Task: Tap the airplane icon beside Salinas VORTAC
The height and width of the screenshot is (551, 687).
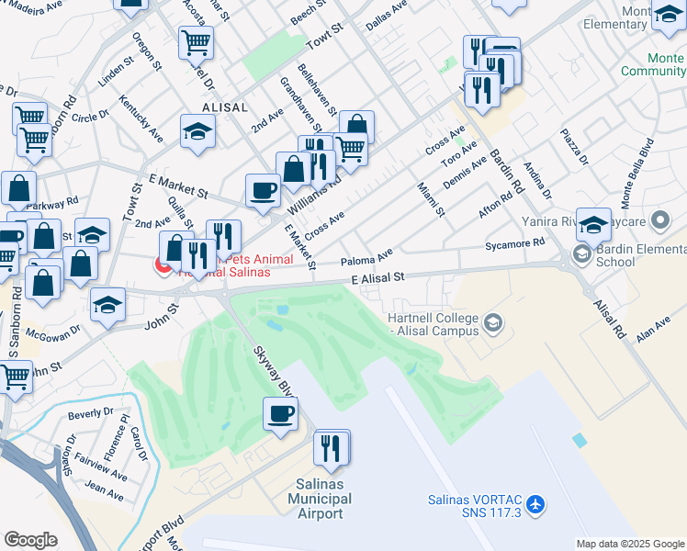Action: tap(536, 504)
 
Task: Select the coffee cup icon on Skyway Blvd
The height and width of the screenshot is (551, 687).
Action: tap(281, 413)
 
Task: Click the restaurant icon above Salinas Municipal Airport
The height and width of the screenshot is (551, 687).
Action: tap(332, 447)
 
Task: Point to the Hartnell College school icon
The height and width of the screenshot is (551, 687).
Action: tap(494, 321)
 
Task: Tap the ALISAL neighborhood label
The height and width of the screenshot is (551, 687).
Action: tap(220, 107)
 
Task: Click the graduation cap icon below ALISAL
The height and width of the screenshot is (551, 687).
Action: tap(197, 131)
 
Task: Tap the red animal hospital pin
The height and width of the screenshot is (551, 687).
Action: tap(164, 265)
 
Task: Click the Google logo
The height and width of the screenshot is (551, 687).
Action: tap(30, 540)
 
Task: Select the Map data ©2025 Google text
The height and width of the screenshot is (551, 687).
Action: tap(630, 544)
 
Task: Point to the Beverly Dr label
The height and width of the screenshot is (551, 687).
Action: tap(90, 414)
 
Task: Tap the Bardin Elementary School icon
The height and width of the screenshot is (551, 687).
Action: tap(581, 253)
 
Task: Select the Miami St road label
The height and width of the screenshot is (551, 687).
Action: tap(431, 199)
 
